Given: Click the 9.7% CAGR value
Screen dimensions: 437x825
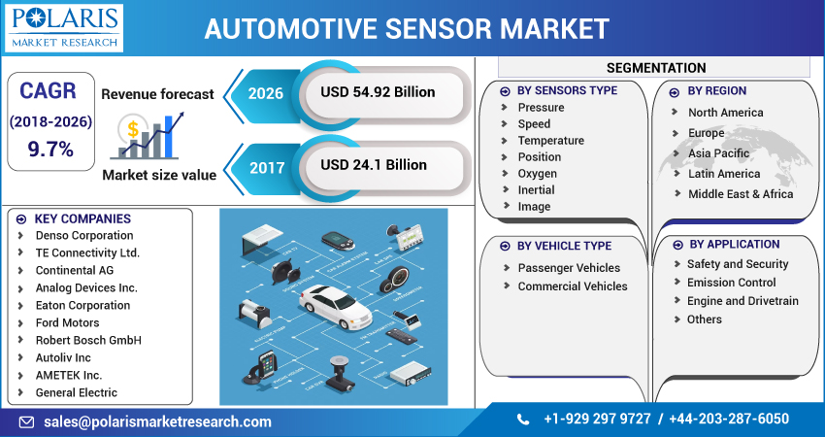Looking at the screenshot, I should (x=50, y=149).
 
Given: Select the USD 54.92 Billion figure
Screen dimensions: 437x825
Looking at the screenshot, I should (x=378, y=92).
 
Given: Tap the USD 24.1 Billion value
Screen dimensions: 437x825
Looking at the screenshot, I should (x=374, y=165).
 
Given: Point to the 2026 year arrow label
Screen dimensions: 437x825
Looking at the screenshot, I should (x=265, y=93).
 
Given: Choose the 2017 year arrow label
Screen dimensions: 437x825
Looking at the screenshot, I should (x=265, y=166).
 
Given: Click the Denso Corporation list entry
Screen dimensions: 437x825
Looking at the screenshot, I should (x=84, y=236).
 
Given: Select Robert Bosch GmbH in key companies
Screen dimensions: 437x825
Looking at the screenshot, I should (x=88, y=341).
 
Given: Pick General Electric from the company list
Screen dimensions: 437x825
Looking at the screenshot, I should (x=77, y=393).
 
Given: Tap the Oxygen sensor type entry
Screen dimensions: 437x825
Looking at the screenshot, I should (x=537, y=174).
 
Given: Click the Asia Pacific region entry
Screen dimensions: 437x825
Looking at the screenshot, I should (x=718, y=153).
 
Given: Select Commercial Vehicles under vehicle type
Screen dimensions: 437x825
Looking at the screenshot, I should (x=573, y=286).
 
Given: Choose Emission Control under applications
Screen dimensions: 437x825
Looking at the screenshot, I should (x=731, y=283).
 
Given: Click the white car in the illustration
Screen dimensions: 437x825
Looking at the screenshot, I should (x=335, y=305).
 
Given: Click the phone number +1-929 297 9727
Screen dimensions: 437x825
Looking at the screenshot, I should (x=597, y=420).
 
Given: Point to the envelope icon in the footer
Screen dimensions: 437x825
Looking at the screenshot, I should (x=26, y=421).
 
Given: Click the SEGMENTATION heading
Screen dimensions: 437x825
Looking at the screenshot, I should (x=656, y=68).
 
